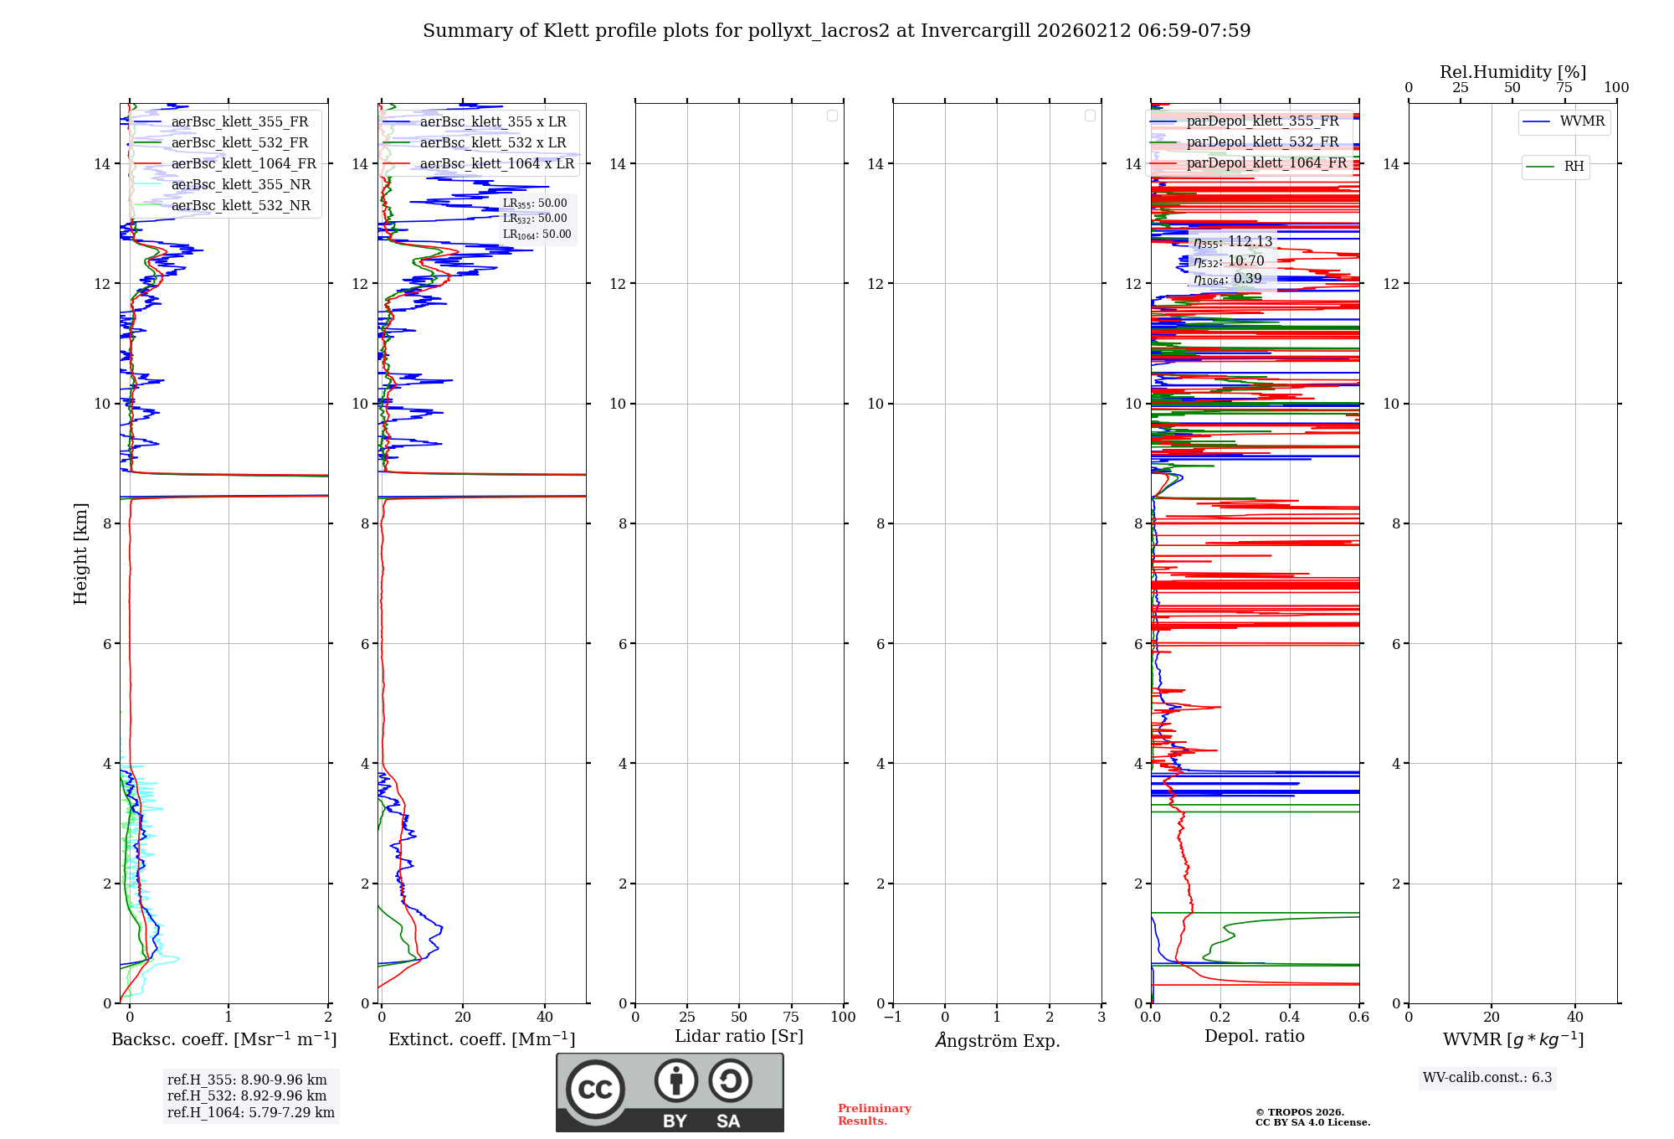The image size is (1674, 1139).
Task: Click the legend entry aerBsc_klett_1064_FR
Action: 244,164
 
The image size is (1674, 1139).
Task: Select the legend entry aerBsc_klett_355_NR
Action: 241,185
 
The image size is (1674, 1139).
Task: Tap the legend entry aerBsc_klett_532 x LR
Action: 493,143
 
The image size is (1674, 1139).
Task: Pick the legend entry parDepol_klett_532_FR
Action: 1262,142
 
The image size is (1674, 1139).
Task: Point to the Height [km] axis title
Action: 80,553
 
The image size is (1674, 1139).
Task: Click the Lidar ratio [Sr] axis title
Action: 739,1036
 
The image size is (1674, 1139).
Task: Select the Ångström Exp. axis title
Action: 997,1040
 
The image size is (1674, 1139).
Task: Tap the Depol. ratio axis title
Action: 1254,1036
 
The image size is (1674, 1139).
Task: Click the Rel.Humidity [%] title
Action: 1512,72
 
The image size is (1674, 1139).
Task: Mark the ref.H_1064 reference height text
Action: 251,1112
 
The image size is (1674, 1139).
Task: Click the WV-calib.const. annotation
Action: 1487,1077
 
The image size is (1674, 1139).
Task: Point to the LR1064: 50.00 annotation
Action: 537,234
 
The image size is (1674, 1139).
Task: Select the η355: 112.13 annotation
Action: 1233,242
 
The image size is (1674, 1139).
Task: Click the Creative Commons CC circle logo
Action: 595,1089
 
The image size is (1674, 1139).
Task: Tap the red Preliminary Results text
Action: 874,1115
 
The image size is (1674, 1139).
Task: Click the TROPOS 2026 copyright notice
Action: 1312,1117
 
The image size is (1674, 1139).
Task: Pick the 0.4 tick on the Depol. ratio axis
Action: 1290,1017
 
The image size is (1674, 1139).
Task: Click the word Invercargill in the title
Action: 975,31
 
